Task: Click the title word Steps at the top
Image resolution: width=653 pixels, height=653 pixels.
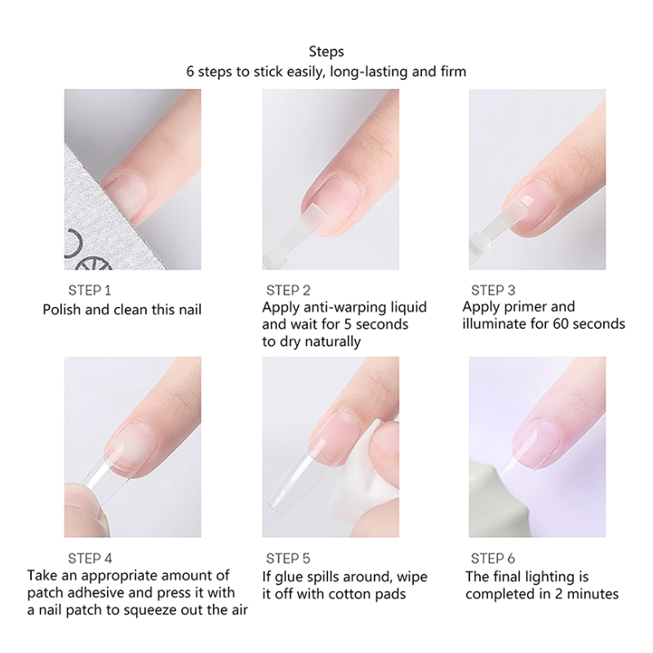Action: pyautogui.click(x=326, y=51)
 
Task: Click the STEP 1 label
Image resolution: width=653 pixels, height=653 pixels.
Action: pyautogui.click(x=90, y=291)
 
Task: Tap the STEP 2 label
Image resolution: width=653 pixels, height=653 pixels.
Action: pyautogui.click(x=288, y=291)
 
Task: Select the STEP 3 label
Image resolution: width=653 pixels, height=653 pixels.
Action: pyautogui.click(x=493, y=291)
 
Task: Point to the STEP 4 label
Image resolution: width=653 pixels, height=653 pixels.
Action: pyautogui.click(x=90, y=558)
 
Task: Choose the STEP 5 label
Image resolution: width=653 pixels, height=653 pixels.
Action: pyautogui.click(x=288, y=558)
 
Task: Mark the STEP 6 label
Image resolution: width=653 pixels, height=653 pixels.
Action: pyautogui.click(x=493, y=558)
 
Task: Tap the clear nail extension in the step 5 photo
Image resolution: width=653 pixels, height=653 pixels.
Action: pyautogui.click(x=291, y=479)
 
